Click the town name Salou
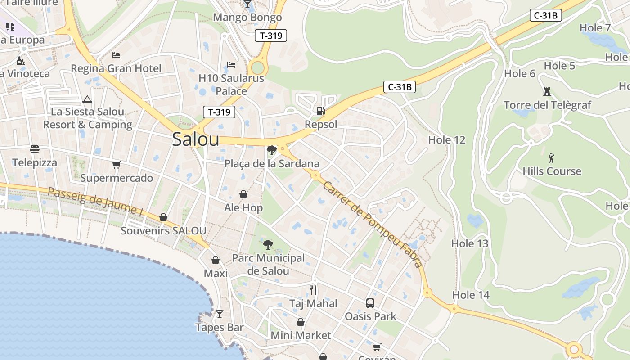pyautogui.click(x=196, y=139)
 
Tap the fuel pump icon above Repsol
pyautogui.click(x=320, y=111)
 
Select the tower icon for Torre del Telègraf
pyautogui.click(x=547, y=92)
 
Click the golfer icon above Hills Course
pyautogui.click(x=552, y=158)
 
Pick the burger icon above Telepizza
pyautogui.click(x=35, y=149)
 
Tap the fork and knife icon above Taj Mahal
pyautogui.click(x=313, y=290)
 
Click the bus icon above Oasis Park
pyautogui.click(x=370, y=303)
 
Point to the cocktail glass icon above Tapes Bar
pyautogui.click(x=219, y=314)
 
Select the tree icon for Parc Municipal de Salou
pyautogui.click(x=268, y=245)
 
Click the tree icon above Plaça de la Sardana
pyautogui.click(x=271, y=150)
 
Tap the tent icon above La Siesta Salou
pyautogui.click(x=87, y=99)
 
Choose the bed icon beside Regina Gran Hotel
pyautogui.click(x=116, y=55)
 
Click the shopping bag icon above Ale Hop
pyautogui.click(x=243, y=194)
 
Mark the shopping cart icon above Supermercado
pyautogui.click(x=117, y=165)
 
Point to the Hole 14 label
pyautogui.click(x=471, y=295)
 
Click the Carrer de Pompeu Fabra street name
pyautogui.click(x=373, y=224)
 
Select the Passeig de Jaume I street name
pyautogui.click(x=95, y=201)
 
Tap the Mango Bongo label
pyautogui.click(x=247, y=18)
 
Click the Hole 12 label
pyautogui.click(x=446, y=140)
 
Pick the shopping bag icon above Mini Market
pyautogui.click(x=301, y=322)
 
